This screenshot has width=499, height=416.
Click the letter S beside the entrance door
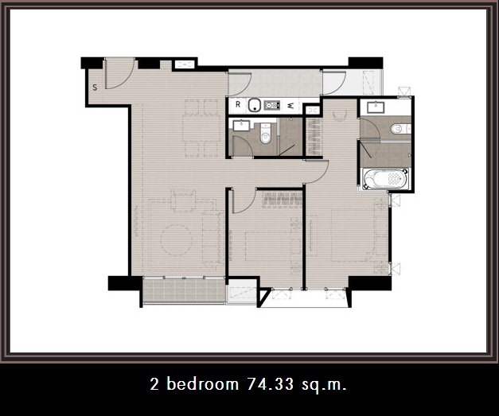[95, 87]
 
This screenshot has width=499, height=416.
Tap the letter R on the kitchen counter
[238, 104]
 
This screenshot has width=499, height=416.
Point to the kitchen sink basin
[254, 105]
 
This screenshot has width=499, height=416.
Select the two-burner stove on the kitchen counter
[271, 105]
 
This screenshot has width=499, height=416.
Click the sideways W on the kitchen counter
[290, 106]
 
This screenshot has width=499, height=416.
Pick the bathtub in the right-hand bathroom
[386, 179]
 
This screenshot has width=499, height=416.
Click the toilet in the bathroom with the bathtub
[400, 129]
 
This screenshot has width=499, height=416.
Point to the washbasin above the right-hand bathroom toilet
[376, 107]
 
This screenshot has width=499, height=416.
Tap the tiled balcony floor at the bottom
[185, 290]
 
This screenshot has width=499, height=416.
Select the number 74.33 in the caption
[270, 384]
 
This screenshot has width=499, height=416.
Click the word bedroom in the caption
[202, 383]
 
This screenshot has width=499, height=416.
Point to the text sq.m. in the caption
[324, 385]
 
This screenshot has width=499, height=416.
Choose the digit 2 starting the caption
[154, 384]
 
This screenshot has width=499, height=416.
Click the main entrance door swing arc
[127, 81]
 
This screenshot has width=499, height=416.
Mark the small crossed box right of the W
[312, 110]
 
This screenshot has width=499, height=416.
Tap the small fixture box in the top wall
[185, 65]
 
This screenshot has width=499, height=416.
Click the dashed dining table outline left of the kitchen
[201, 128]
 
